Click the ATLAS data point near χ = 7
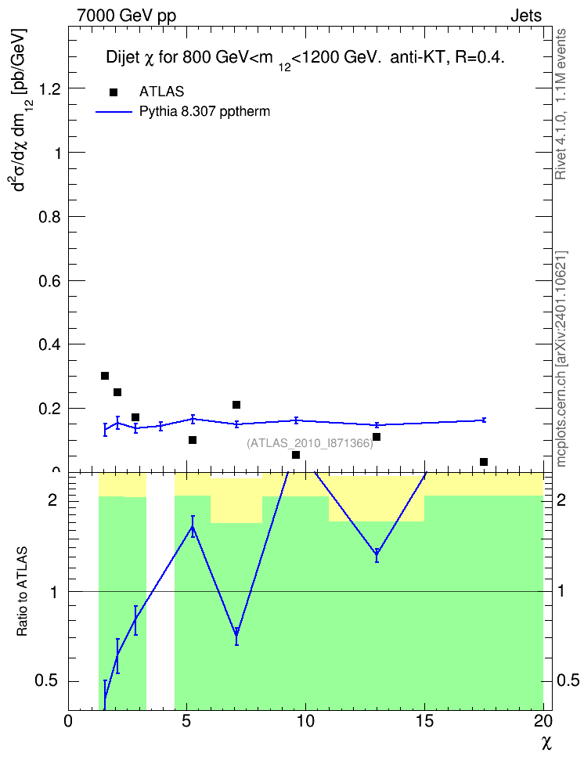(236, 405)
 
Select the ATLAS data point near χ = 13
(377, 437)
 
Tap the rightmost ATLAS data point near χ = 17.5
(484, 462)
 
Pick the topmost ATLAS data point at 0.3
(105, 376)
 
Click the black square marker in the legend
(114, 92)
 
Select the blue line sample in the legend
(114, 112)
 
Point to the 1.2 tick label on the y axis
(50, 88)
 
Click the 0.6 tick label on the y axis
(50, 280)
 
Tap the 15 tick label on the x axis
(425, 721)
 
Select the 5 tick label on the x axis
(187, 721)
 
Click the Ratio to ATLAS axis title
(22, 592)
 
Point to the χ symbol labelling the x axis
(547, 743)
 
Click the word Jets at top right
(526, 16)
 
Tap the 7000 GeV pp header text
(127, 16)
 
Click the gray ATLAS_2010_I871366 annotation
(310, 443)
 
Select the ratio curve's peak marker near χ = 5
(193, 527)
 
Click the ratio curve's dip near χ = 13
(377, 555)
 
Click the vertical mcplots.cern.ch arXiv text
(561, 359)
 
